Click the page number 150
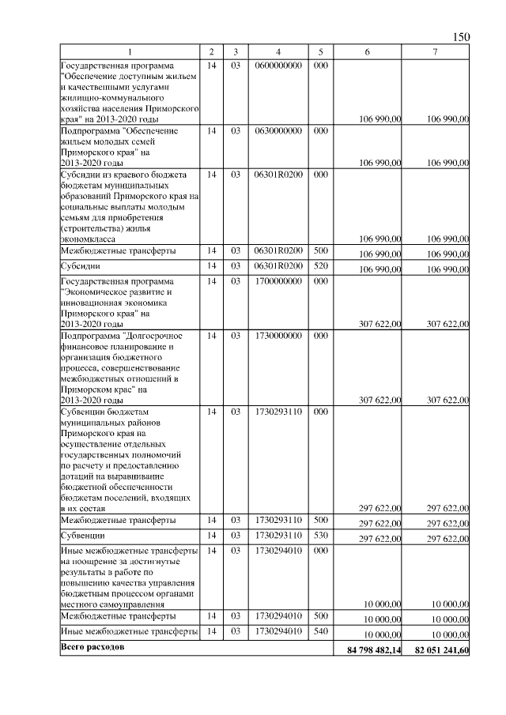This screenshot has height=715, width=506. tap(462, 37)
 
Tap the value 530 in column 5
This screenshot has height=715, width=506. tap(320, 536)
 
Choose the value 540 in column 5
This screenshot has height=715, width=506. tap(320, 631)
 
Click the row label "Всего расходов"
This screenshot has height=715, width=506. tap(92, 648)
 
